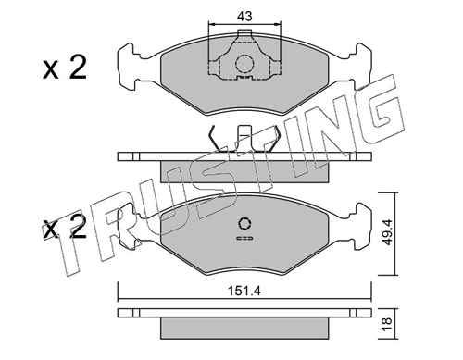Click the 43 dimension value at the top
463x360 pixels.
[244, 16]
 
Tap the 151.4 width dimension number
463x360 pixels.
[244, 291]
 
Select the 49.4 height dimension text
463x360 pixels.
[387, 232]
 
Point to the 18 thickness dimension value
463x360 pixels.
[387, 324]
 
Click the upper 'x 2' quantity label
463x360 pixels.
[65, 68]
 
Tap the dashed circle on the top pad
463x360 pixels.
[244, 64]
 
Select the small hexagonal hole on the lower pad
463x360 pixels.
[244, 224]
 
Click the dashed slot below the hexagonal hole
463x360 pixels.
[244, 238]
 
